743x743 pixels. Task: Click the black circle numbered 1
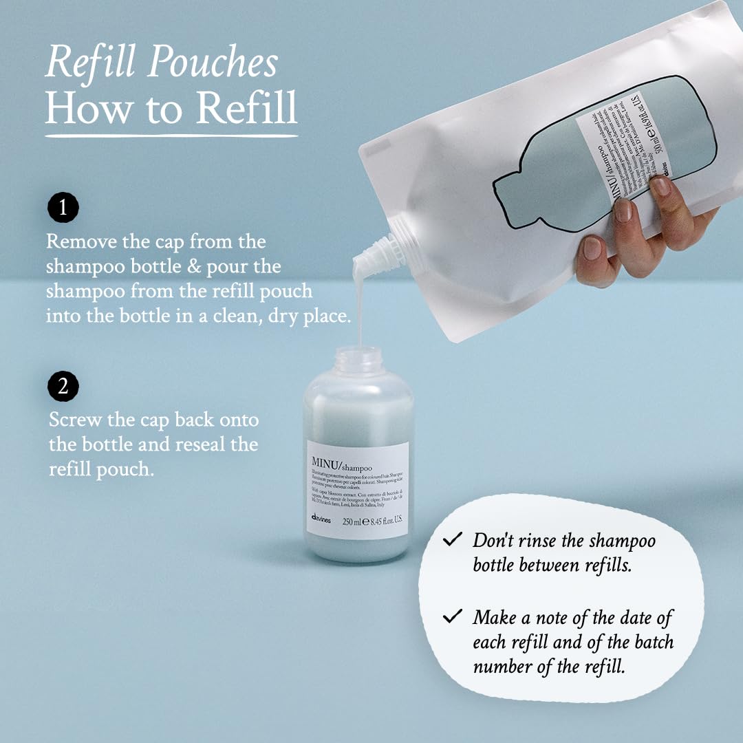point(63,208)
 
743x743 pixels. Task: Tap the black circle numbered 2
point(63,387)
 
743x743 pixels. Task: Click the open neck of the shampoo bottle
point(358,359)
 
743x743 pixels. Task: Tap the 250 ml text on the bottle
point(352,521)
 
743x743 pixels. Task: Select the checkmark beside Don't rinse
point(453,539)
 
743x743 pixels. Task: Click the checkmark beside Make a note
point(453,616)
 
